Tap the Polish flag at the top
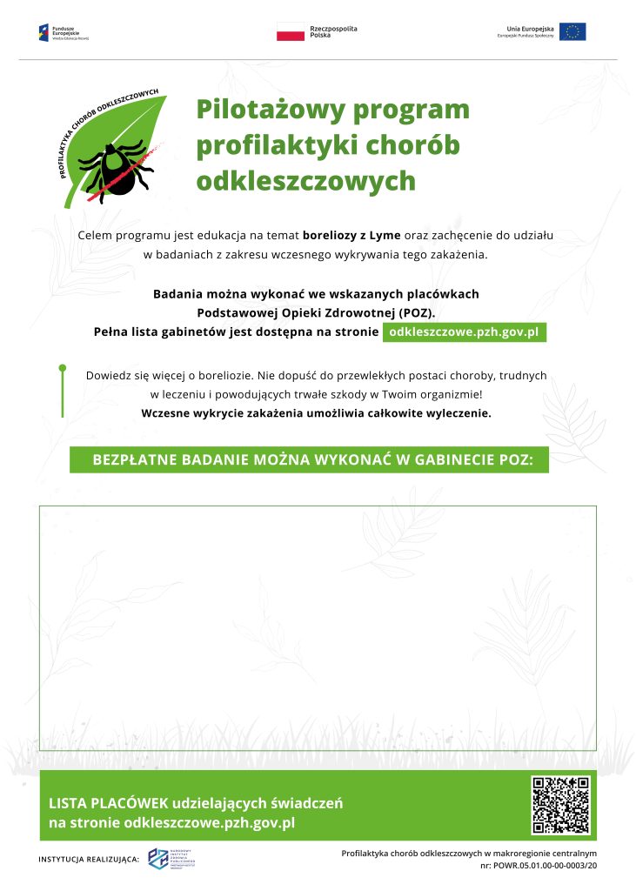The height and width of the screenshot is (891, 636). pyautogui.click(x=290, y=32)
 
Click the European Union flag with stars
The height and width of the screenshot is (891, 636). pyautogui.click(x=573, y=32)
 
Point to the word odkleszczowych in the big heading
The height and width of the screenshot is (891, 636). pyautogui.click(x=305, y=180)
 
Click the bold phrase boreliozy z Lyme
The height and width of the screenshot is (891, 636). pyautogui.click(x=351, y=236)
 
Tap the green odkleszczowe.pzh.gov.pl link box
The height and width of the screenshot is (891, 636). pyautogui.click(x=465, y=332)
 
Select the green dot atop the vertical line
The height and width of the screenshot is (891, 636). pyautogui.click(x=63, y=369)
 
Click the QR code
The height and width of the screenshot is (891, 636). pyautogui.click(x=560, y=804)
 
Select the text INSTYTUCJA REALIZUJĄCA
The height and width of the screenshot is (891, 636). pyautogui.click(x=88, y=860)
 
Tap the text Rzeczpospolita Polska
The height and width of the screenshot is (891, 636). pyautogui.click(x=333, y=32)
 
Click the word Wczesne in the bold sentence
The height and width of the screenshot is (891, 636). pyautogui.click(x=165, y=413)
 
